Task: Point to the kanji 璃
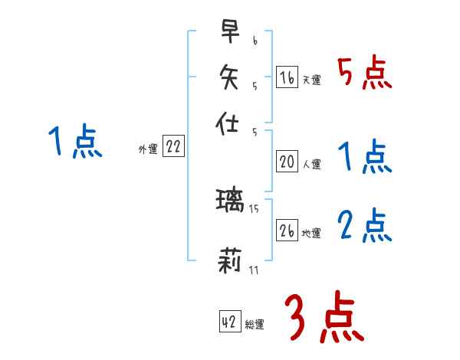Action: click(x=230, y=202)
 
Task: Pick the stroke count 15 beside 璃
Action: click(x=255, y=209)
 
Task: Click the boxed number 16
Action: click(x=287, y=77)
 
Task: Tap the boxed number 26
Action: click(x=287, y=230)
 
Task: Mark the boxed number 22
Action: click(x=173, y=147)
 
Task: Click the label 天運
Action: click(x=311, y=80)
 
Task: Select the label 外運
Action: click(x=148, y=150)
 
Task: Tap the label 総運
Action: click(x=255, y=326)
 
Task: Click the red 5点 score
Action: click(x=364, y=73)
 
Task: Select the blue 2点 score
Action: click(x=364, y=226)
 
